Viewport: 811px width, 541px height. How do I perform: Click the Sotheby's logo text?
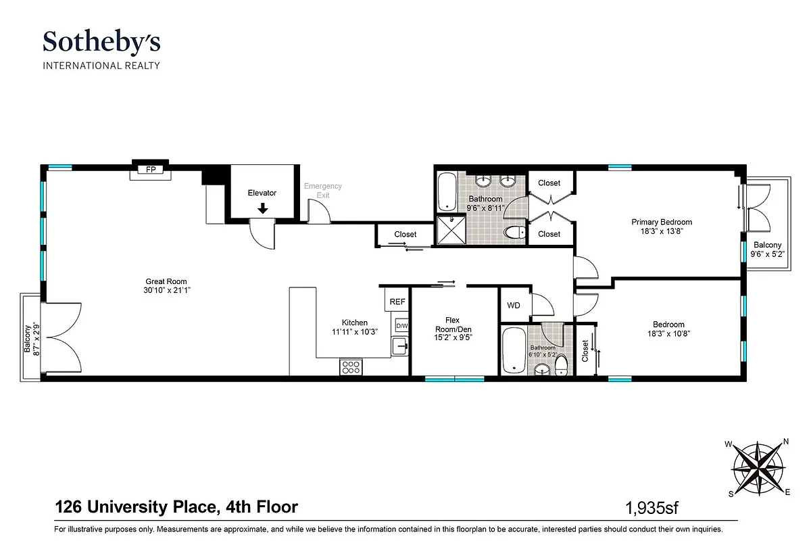[101, 43]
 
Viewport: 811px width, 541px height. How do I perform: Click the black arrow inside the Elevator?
[262, 209]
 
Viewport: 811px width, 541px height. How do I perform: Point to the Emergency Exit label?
[322, 191]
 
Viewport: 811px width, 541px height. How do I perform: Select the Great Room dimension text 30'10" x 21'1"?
[166, 291]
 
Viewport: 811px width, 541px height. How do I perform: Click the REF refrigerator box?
[397, 302]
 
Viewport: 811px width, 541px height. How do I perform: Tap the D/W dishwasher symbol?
[401, 326]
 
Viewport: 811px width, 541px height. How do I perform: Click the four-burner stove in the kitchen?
[350, 367]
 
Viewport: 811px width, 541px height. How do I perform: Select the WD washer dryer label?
[514, 305]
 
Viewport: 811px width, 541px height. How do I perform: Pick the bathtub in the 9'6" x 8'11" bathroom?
[447, 193]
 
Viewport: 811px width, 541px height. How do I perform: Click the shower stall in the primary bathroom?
[446, 229]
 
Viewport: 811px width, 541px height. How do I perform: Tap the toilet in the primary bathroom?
[515, 233]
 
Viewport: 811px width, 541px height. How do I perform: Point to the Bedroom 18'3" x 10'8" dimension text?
[668, 333]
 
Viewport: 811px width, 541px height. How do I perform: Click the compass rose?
[758, 467]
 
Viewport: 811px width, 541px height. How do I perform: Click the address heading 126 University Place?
[176, 507]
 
